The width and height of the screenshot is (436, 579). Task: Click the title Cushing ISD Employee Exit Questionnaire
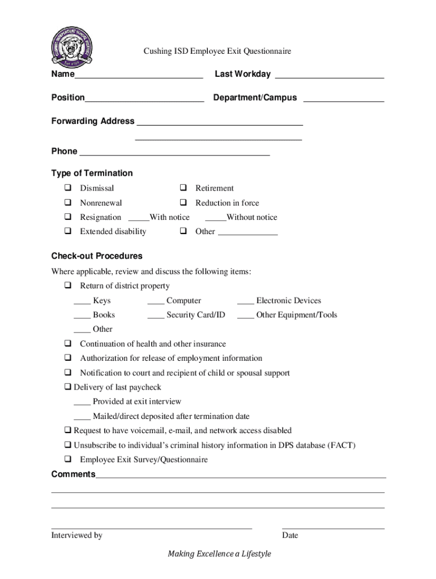point(217,51)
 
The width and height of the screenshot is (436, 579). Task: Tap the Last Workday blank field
point(329,75)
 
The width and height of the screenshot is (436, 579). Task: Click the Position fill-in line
point(144,98)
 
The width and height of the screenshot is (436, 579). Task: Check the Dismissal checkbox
point(67,188)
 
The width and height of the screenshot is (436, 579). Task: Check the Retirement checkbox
point(183,188)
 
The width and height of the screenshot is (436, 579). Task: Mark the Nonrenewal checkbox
point(67,203)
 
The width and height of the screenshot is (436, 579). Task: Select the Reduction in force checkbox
point(183,203)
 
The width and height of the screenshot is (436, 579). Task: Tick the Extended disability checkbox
point(67,231)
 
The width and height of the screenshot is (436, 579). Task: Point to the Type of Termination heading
point(92,173)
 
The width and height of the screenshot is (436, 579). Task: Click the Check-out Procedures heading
point(97,256)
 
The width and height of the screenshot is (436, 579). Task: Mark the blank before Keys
point(82,302)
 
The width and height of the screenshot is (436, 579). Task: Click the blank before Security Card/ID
point(156,316)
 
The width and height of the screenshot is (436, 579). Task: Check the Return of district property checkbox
point(67,286)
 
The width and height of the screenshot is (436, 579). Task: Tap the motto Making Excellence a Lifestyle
point(219,554)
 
